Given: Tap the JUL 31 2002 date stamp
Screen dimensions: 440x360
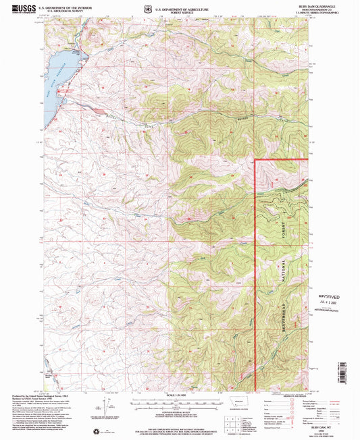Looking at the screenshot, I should pos(329,303).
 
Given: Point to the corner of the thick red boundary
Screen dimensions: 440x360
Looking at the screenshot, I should pos(255,160).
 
